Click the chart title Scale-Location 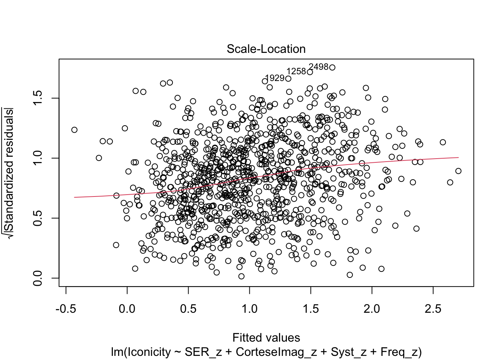coord(266,49)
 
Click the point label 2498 coord(318,67)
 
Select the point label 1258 coord(296,71)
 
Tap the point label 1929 coord(274,78)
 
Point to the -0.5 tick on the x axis coord(66,309)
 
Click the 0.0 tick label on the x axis coord(127,309)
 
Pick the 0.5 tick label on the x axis coord(188,309)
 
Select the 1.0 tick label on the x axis coord(249,309)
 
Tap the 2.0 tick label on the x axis coord(372,309)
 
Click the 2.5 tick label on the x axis coord(433,309)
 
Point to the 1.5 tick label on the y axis coord(38,98)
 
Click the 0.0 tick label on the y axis coord(38,278)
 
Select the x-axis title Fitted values coord(266,338)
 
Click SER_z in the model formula coord(202,352)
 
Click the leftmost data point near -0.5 coord(74,130)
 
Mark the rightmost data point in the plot coord(458,171)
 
